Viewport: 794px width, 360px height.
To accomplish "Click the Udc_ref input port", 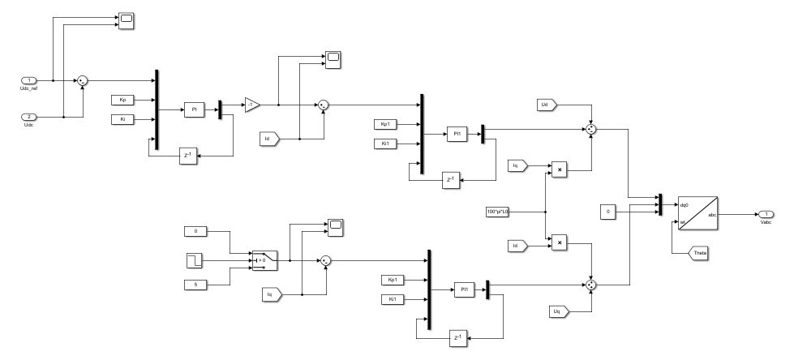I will coord(30,80).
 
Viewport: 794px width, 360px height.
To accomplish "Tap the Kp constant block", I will coord(122,100).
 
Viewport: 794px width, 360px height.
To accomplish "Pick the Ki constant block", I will coord(122,120).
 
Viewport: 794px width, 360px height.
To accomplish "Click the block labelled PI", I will coord(195,109).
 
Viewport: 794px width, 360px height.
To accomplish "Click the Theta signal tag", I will coord(698,255).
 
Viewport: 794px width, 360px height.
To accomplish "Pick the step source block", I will coord(195,260).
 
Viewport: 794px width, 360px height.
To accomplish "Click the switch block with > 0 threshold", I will coord(264,260).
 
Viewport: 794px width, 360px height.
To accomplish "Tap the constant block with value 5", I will coord(195,283).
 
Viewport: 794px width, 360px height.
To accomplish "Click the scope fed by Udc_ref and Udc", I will coord(126,19).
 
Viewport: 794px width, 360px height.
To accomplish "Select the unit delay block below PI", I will coord(189,156).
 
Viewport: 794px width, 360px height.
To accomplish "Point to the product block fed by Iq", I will coord(559,169).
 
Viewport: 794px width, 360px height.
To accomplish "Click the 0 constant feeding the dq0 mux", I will coord(610,212).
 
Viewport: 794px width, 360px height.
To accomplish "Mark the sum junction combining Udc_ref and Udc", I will coord(82,80).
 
